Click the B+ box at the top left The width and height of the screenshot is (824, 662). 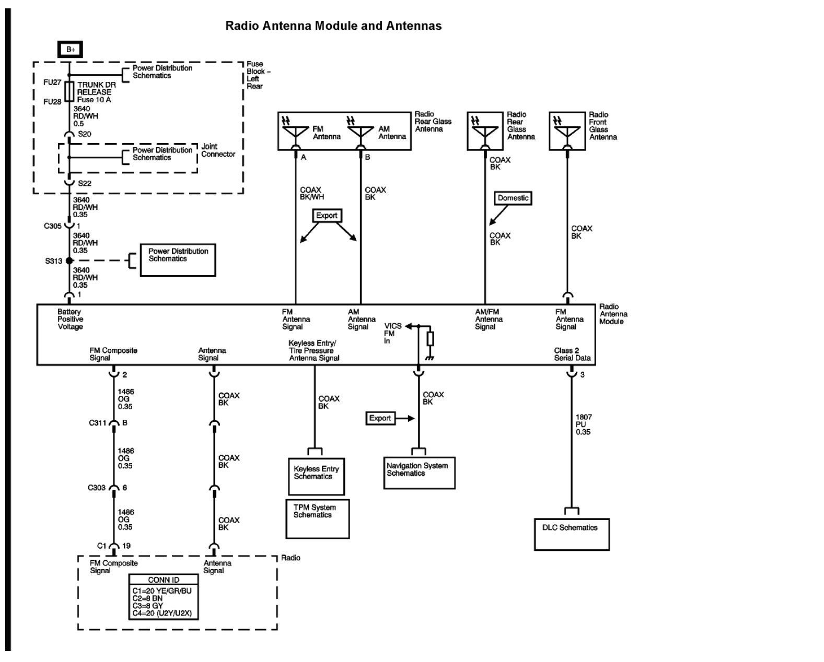pyautogui.click(x=71, y=50)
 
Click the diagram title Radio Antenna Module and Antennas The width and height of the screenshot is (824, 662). pyautogui.click(x=333, y=26)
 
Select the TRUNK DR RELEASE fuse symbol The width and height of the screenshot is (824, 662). pyautogui.click(x=69, y=92)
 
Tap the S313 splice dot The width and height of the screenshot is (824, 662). pyautogui.click(x=69, y=261)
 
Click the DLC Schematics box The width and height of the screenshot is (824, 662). pyautogui.click(x=571, y=534)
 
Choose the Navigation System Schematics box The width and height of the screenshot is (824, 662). pyautogui.click(x=419, y=472)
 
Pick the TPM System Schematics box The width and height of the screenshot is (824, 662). pyautogui.click(x=317, y=518)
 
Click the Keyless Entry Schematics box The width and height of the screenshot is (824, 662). pyautogui.click(x=316, y=476)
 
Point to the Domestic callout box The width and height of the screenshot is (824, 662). pyautogui.click(x=513, y=198)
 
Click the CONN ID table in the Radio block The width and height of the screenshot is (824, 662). pyautogui.click(x=164, y=597)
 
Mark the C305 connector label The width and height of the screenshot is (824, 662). pyautogui.click(x=52, y=226)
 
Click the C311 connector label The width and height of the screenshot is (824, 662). pyautogui.click(x=98, y=423)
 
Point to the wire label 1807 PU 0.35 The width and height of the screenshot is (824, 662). pyautogui.click(x=583, y=424)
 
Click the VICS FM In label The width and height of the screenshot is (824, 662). pyautogui.click(x=392, y=333)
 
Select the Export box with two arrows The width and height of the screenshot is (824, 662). pyautogui.click(x=327, y=216)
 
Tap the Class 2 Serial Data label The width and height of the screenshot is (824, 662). pyautogui.click(x=572, y=354)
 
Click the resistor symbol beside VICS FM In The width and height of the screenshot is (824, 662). pyautogui.click(x=430, y=338)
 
